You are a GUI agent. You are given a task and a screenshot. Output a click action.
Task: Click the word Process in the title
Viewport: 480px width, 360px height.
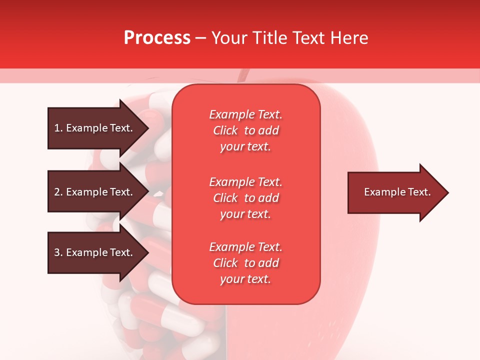click(x=157, y=38)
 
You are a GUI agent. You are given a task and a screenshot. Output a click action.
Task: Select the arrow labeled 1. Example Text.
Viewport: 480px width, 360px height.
click(x=95, y=128)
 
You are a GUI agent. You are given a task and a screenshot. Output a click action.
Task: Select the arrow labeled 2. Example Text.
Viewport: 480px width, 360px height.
click(x=95, y=192)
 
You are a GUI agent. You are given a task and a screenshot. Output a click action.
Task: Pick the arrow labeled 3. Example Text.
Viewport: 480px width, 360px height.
click(x=95, y=252)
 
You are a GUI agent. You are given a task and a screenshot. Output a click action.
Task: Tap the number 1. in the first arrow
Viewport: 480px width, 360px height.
click(x=58, y=128)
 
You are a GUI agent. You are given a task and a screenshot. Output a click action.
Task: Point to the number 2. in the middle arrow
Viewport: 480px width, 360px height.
click(x=58, y=192)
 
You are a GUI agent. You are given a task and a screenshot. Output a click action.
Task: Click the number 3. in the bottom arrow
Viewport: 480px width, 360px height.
click(x=58, y=252)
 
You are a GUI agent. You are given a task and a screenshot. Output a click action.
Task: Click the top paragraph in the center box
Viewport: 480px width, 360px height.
click(x=245, y=130)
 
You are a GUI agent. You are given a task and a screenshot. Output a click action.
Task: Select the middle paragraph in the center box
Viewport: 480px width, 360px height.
click(x=245, y=198)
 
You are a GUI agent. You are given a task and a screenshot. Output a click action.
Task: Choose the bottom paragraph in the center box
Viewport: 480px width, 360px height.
click(x=245, y=263)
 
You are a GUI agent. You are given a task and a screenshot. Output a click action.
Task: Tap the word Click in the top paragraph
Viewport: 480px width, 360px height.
click(x=225, y=130)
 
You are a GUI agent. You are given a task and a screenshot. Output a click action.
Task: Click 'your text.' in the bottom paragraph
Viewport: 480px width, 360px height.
click(x=245, y=279)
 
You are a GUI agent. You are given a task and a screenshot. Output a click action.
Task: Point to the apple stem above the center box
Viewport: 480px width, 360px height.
click(x=243, y=75)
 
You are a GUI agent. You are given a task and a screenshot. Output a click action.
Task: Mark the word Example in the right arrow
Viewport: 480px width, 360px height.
click(x=381, y=192)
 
